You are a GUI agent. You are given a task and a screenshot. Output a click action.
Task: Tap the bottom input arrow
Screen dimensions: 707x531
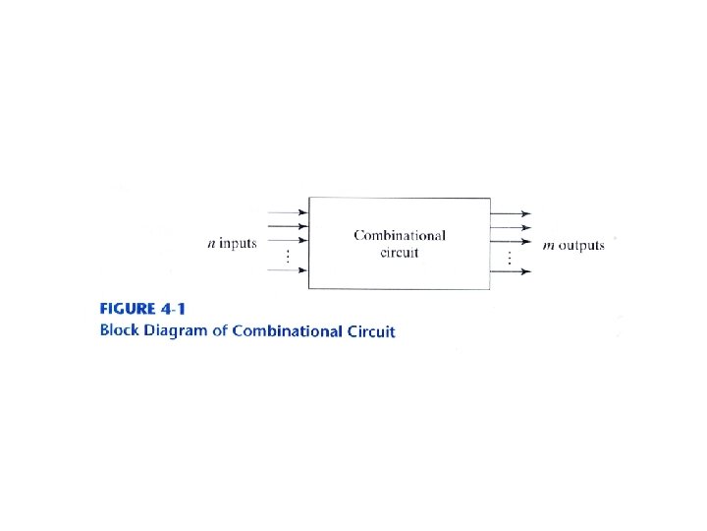(x=288, y=271)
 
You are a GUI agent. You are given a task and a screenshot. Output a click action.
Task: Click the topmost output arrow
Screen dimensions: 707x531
(x=511, y=213)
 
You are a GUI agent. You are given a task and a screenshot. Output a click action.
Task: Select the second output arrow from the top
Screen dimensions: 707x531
(x=511, y=227)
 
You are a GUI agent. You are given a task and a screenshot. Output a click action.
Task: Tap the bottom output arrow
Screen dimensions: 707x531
(x=511, y=271)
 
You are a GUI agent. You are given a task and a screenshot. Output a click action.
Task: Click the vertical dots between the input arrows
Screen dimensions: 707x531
(x=286, y=257)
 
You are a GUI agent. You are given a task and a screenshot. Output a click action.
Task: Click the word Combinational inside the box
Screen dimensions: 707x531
(x=400, y=236)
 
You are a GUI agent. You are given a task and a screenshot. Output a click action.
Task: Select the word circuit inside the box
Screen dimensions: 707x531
(x=400, y=253)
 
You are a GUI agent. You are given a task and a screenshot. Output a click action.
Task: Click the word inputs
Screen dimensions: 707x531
(x=238, y=244)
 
